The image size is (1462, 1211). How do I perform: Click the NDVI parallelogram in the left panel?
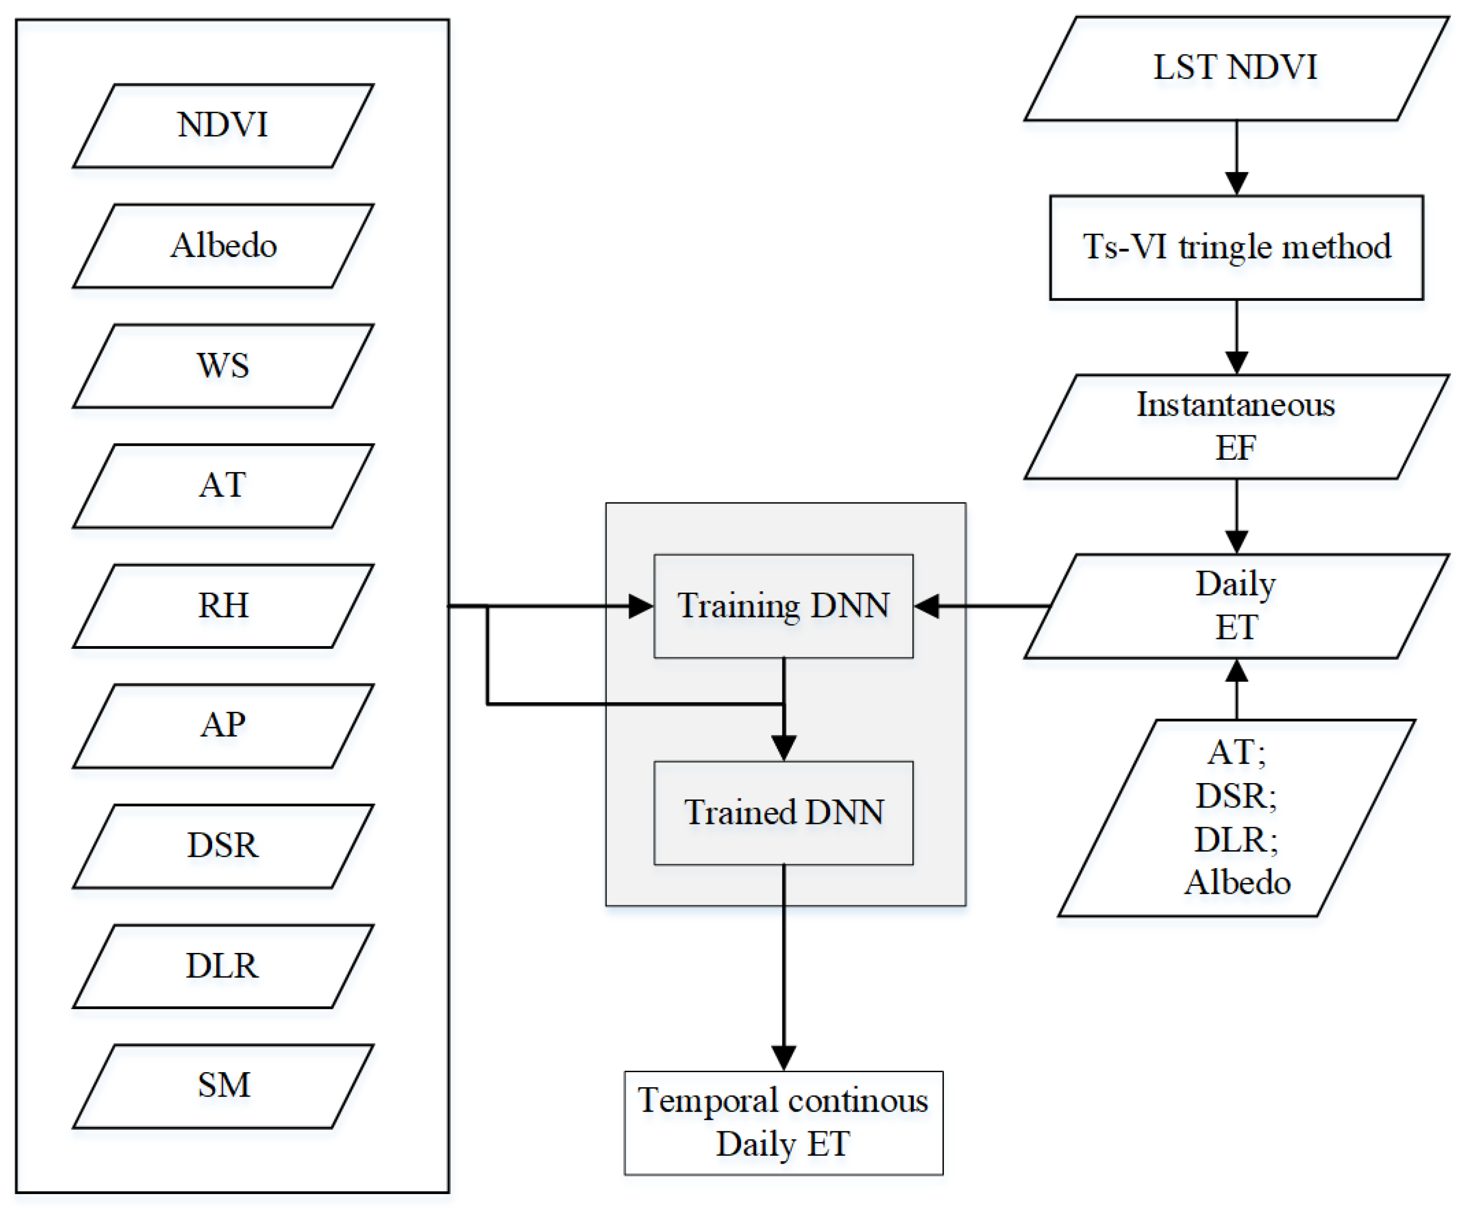point(223,126)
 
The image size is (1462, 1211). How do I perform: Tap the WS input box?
point(223,366)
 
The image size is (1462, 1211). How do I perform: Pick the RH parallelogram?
point(223,605)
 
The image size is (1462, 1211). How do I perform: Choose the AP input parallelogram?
point(223,726)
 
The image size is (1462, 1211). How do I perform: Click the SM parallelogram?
point(223,1086)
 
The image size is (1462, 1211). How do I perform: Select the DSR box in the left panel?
point(223,845)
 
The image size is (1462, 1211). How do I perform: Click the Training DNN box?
point(783,605)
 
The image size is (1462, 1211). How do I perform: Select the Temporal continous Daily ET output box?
point(783,1123)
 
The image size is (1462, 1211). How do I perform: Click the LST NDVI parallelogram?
point(1236,68)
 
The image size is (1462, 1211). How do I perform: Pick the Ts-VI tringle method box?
point(1236,247)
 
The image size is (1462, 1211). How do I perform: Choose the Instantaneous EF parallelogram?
point(1236,427)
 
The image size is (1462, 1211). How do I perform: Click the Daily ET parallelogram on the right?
point(1236,605)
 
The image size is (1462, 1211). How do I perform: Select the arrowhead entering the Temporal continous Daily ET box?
point(784,1058)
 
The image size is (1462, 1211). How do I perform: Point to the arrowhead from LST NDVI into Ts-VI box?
point(1236,183)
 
